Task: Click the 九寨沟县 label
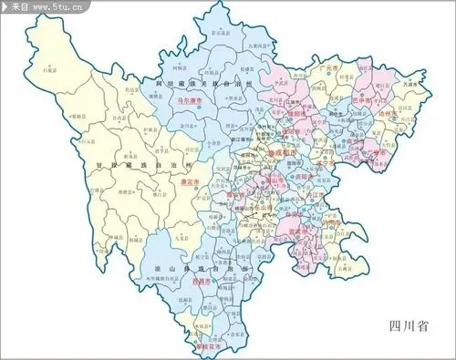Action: [x=259, y=43]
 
